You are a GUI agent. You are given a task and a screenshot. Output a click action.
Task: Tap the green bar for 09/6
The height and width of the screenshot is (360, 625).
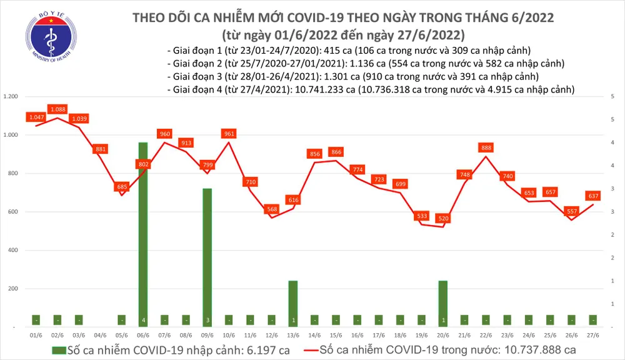coord(207,257)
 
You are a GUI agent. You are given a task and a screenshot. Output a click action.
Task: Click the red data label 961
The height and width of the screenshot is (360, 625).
coord(229,133)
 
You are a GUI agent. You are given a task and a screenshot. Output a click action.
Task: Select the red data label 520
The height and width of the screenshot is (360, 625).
coord(443,219)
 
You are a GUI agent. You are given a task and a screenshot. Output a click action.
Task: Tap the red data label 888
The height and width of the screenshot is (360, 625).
coord(486,147)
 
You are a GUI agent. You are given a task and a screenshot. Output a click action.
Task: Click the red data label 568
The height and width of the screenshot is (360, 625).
coord(272,209)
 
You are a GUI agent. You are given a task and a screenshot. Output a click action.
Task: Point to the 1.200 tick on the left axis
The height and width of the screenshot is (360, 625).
coord(11,97)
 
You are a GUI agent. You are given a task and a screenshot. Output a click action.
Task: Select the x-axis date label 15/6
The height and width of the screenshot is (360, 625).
coord(336,335)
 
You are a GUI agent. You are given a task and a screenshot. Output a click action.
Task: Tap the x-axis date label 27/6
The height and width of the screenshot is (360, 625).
coord(592,335)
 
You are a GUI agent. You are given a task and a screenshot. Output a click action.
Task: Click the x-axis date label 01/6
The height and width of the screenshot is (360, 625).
coord(36,335)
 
